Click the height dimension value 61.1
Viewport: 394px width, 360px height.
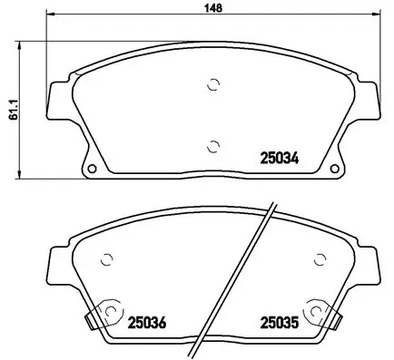pos(11,110)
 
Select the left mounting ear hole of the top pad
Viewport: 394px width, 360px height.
pos(92,169)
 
